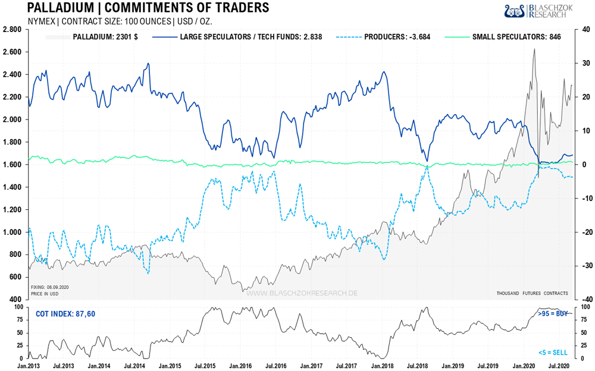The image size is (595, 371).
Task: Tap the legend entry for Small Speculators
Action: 516,37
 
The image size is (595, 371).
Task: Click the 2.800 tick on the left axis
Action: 12,29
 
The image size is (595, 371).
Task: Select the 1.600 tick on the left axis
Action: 12,165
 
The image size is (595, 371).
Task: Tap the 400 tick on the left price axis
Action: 15,300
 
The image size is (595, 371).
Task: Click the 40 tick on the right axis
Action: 585,29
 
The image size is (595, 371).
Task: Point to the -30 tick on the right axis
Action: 586,266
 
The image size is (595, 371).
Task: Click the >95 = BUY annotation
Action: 552,313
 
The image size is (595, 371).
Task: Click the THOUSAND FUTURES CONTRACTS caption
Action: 531,293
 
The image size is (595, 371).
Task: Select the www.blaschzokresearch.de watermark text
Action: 302,293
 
